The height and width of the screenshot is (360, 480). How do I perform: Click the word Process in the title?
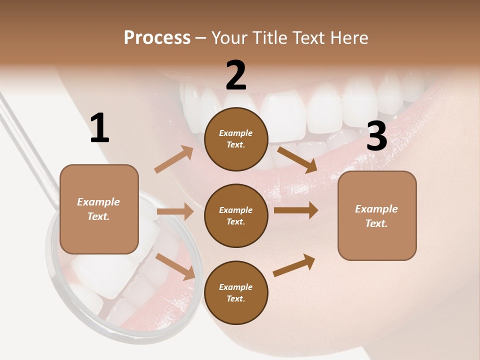tap(157, 38)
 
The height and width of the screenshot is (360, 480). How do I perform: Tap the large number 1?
tap(99, 128)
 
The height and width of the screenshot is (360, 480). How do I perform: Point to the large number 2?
tap(236, 75)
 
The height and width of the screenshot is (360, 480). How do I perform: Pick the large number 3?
tap(376, 136)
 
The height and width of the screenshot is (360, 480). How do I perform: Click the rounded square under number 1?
tap(99, 209)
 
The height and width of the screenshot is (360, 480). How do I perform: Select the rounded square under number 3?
tap(377, 215)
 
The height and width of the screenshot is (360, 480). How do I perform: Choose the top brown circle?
tap(236, 139)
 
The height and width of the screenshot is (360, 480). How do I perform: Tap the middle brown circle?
tap(236, 215)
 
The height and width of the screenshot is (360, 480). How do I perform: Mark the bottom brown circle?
tap(236, 292)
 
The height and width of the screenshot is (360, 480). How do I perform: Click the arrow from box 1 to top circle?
tap(174, 159)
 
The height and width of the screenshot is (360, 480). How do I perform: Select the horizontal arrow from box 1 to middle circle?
tap(175, 211)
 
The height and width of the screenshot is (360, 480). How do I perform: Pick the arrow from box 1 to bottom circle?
tap(175, 266)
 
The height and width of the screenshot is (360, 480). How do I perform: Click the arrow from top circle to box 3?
tap(297, 159)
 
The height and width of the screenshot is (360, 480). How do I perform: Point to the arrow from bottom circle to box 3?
tap(294, 265)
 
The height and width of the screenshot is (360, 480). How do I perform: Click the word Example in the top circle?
tap(236, 133)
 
